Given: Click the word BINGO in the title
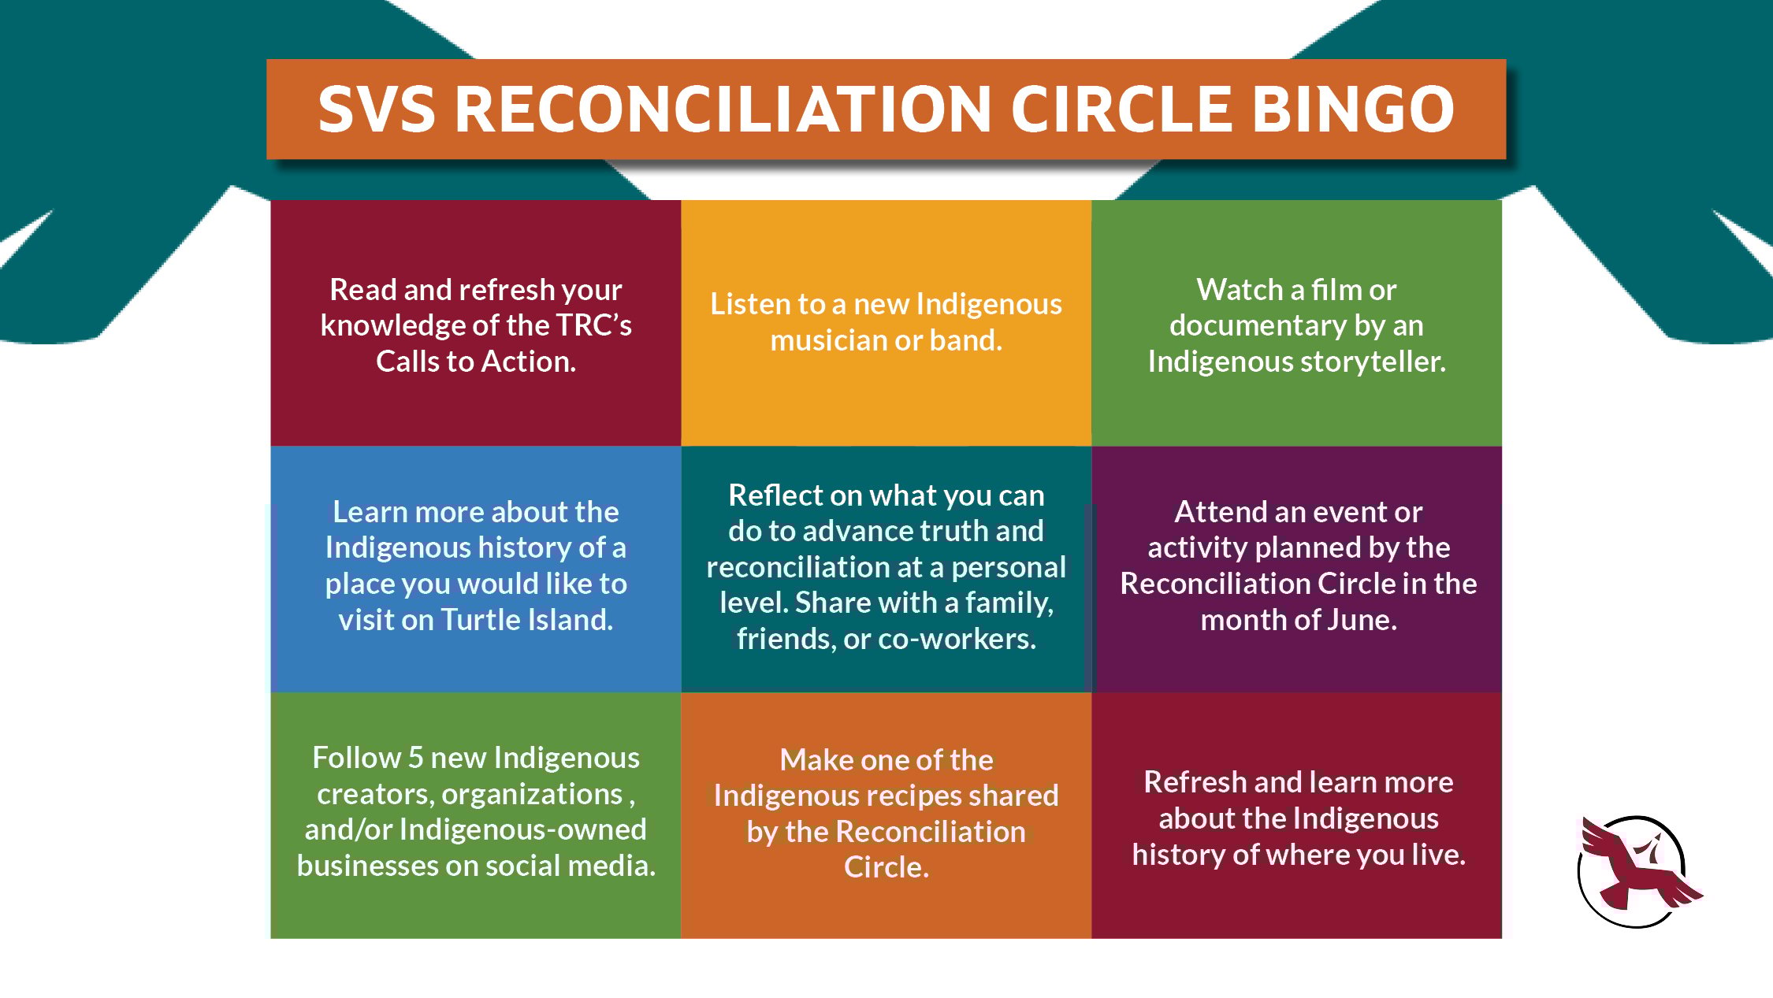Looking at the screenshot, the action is (x=1353, y=109).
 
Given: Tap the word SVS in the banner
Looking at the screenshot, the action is (x=377, y=109).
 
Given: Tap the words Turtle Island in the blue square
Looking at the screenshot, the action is (x=526, y=620).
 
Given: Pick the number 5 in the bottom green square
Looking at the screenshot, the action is (x=416, y=758).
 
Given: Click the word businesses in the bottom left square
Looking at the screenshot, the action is (x=367, y=866).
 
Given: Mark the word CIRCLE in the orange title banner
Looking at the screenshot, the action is (x=1121, y=109).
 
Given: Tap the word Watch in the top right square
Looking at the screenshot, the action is (x=1240, y=290).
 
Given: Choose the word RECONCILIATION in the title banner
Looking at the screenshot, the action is (x=723, y=109).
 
